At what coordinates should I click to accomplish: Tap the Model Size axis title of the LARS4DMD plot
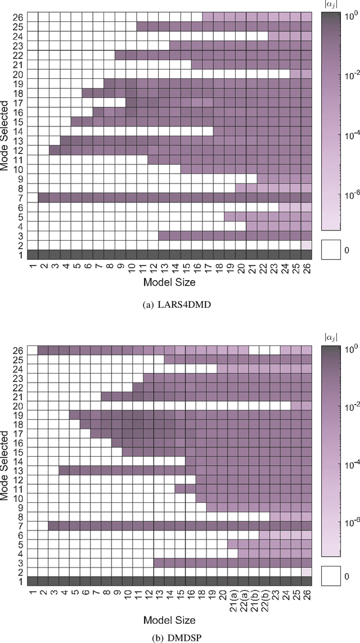coord(169,281)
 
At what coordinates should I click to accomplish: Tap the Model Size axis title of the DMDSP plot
coord(169,620)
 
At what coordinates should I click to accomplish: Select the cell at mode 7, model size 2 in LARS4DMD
coord(43,197)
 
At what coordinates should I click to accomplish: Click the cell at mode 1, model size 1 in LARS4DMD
coord(32,254)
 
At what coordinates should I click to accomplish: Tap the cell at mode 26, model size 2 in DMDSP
coord(43,350)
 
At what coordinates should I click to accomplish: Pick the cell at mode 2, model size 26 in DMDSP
coord(307,572)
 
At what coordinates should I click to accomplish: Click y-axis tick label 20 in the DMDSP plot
coord(19,405)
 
